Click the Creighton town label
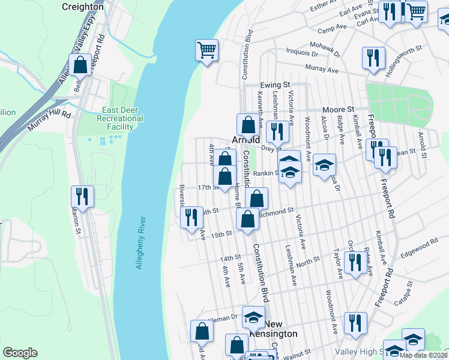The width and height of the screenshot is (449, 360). pyautogui.click(x=82, y=6)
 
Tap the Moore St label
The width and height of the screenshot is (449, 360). pyautogui.click(x=339, y=110)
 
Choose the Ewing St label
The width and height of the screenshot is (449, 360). pyautogui.click(x=275, y=86)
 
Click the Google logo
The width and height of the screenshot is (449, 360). pyautogui.click(x=20, y=353)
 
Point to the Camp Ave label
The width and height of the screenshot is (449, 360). pyautogui.click(x=333, y=31)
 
